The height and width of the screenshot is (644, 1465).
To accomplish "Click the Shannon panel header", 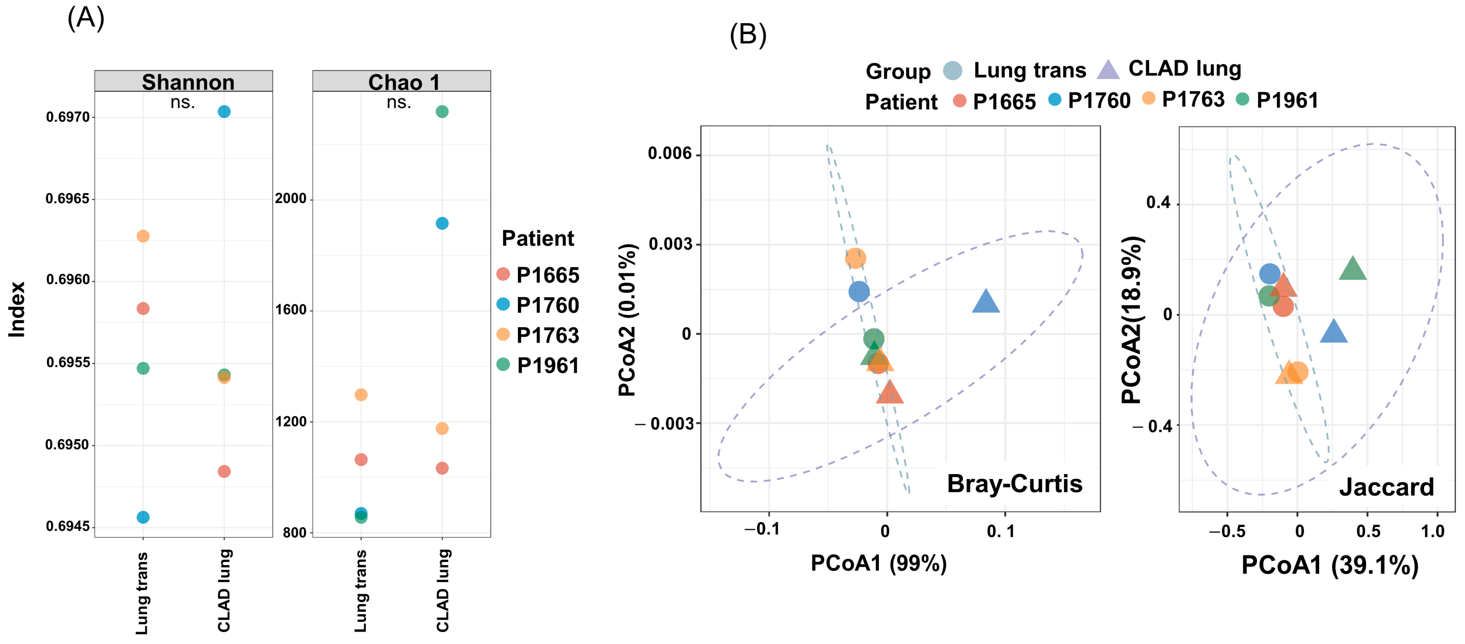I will [188, 82].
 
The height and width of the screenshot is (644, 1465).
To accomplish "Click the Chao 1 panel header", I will [404, 82].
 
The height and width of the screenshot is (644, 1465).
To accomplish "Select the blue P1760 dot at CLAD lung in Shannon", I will [224, 111].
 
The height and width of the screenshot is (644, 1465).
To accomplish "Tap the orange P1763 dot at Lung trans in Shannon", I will [143, 236].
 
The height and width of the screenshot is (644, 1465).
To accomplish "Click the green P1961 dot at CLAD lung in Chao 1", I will [442, 111].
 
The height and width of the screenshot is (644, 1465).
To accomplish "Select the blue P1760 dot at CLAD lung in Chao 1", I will [442, 223].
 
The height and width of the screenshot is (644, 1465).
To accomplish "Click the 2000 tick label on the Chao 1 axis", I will [291, 198].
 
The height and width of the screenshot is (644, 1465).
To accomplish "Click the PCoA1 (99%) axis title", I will [879, 563].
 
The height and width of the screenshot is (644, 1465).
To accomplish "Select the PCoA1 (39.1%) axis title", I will [1330, 565].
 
